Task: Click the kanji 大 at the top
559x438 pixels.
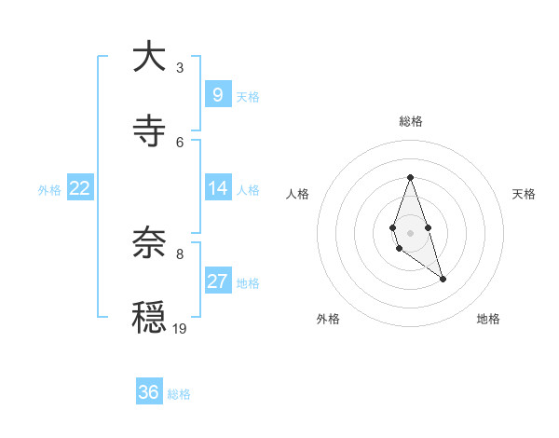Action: coord(149,58)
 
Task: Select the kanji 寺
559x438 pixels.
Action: coord(149,131)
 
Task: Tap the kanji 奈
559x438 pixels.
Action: coord(149,243)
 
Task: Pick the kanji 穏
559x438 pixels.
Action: coord(149,318)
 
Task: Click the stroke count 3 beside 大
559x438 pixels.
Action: coord(180,67)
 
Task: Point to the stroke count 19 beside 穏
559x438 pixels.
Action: coord(180,328)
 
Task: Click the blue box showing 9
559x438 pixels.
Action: coord(217,95)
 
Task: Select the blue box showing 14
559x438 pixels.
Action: coord(217,188)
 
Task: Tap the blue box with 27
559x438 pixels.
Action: coord(217,281)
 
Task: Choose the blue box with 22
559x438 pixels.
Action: coord(80,188)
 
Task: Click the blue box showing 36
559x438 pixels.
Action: coord(149,392)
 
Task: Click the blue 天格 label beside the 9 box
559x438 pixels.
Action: coord(248,97)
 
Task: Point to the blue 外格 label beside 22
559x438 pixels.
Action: coord(49,190)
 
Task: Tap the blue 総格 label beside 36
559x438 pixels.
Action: coord(179,394)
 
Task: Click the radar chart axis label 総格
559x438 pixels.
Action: coord(411,121)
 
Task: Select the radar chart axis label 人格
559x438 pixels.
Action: coord(298,194)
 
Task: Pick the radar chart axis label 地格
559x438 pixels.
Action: coord(488,319)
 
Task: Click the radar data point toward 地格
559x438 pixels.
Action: coord(443,279)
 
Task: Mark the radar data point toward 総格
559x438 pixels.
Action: coord(410,177)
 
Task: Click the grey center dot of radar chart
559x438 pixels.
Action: coord(410,231)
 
